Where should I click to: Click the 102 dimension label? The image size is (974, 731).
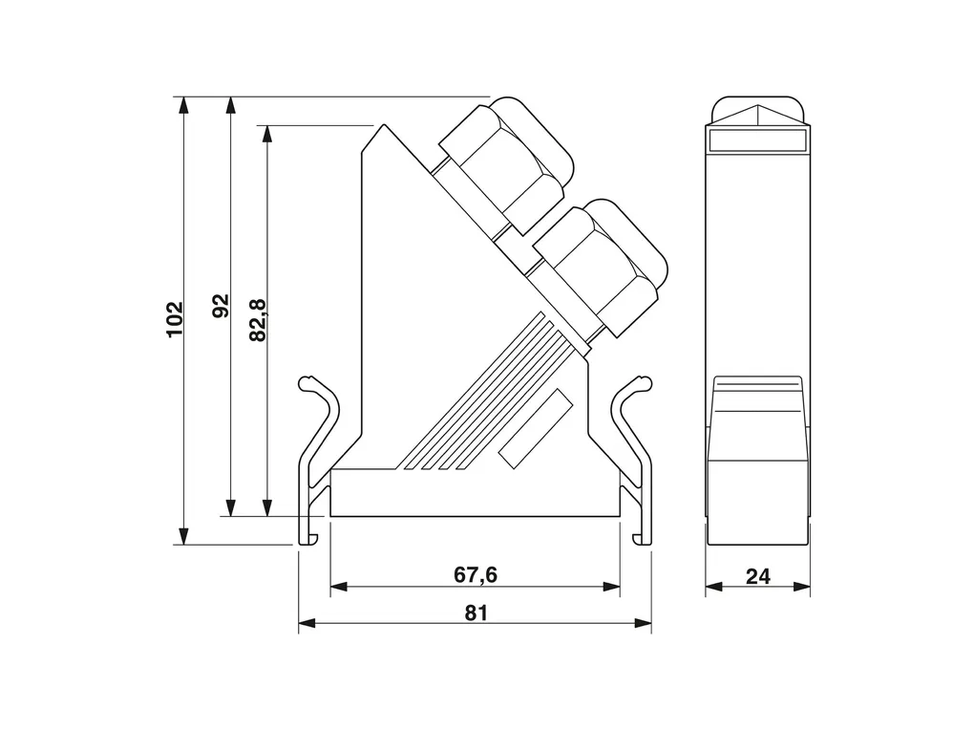pos(175,319)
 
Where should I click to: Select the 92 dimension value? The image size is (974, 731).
pos(222,306)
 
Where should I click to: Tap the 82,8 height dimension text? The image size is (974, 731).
pos(258,320)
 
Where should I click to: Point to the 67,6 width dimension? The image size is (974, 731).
pos(476,574)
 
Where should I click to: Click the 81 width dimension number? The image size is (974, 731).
pos(476,613)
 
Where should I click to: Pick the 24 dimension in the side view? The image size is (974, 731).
pos(758,576)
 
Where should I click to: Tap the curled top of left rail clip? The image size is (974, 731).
pos(307,384)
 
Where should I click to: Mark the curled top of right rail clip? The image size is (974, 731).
pos(642,384)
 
